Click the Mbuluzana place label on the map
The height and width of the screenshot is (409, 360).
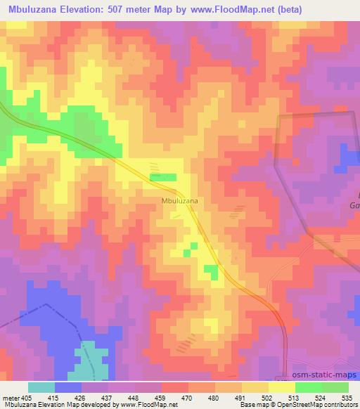(179, 201)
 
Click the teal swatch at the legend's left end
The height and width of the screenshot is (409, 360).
(41, 387)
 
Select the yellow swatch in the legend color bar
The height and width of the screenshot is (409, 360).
(281, 387)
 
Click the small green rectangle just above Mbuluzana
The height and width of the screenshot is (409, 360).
(163, 177)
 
